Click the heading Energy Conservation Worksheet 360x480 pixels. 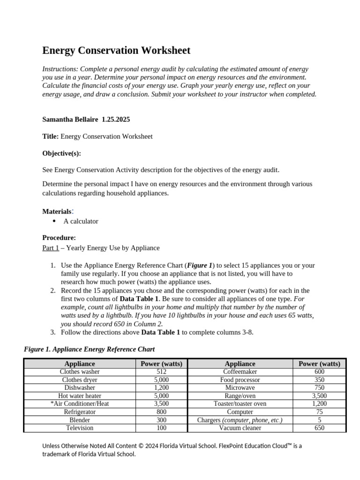point(116,51)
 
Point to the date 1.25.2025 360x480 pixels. point(116,120)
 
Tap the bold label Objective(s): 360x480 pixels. point(61,153)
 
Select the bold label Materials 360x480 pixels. point(57,211)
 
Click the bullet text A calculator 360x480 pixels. point(81,221)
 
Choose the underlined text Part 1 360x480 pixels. point(51,248)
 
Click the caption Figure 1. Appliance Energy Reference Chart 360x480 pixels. point(89,349)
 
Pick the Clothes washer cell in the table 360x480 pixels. point(80,372)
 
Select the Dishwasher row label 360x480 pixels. point(80,388)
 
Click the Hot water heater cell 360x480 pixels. point(80,396)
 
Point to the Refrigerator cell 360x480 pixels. point(80,412)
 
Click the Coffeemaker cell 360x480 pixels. point(240,372)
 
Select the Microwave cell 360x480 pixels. point(240,388)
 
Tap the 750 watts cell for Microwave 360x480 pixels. point(320,388)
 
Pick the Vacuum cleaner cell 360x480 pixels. point(240,427)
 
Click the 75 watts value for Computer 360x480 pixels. point(320,412)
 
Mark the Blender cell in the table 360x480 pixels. point(80,420)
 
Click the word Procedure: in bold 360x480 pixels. point(59,238)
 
